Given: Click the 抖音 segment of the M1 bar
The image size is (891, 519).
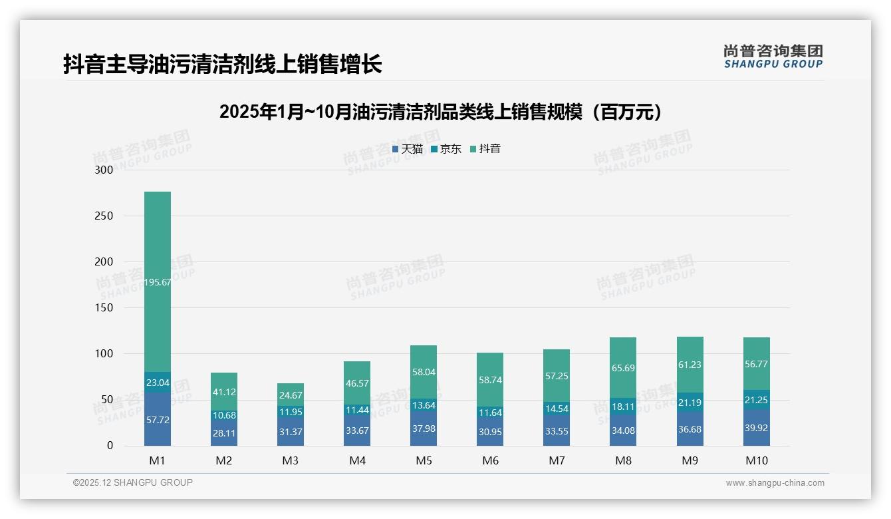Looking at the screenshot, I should pos(158,282).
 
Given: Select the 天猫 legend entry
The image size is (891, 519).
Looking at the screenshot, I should pos(408,149).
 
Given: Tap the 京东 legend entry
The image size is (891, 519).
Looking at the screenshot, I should pos(446,149).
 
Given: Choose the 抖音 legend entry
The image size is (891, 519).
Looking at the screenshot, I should pos(485,149).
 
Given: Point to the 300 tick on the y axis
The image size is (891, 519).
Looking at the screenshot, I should pos(104,170).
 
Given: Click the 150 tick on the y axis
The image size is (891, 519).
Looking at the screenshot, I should pos(104,307).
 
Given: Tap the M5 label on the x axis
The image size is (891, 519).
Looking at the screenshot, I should pos(424,460).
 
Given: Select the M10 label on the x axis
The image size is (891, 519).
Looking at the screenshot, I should pos(756,460).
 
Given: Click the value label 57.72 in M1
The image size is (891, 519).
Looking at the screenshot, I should pos(158,421).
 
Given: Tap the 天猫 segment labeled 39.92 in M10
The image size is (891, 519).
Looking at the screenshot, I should pos(756,428).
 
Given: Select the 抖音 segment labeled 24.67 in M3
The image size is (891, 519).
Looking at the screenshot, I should pos(291,395).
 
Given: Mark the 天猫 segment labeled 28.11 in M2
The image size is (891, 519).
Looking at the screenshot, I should pos(224,432).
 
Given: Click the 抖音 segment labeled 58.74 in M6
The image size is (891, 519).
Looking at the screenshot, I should pos(490,379).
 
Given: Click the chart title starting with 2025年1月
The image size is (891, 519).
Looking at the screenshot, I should pos(442,112).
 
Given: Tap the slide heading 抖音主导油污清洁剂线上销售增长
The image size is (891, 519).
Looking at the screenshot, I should pos(222,64).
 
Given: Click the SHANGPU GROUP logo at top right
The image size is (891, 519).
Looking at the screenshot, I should pos(773,57).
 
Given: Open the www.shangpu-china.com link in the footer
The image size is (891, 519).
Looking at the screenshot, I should pos(775,483).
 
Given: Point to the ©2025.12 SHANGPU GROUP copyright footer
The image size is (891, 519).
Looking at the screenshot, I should pos(133,482).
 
